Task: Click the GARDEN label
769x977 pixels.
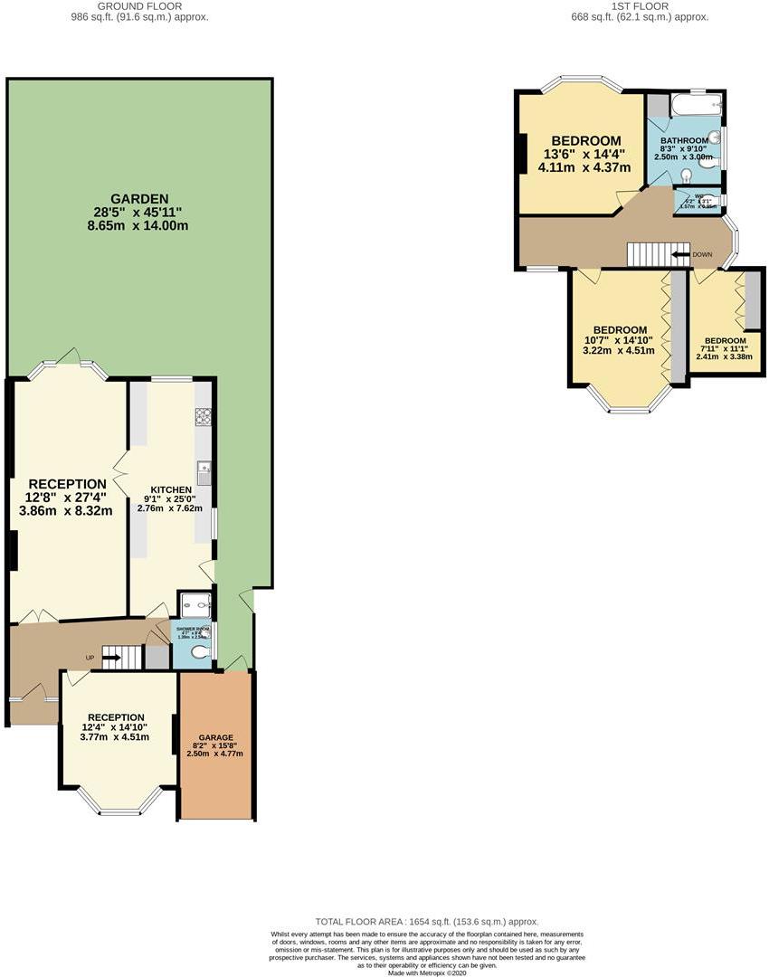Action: [139, 198]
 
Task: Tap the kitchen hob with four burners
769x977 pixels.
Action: [203, 417]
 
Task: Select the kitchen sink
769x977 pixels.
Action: [204, 471]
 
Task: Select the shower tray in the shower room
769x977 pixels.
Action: [194, 604]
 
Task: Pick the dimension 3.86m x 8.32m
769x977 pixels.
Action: [66, 510]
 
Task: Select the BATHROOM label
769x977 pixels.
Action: [683, 141]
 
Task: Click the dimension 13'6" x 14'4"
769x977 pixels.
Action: [585, 154]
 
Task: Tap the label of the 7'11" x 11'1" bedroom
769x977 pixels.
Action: [725, 340]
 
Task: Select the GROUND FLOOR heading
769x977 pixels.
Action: [139, 7]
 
